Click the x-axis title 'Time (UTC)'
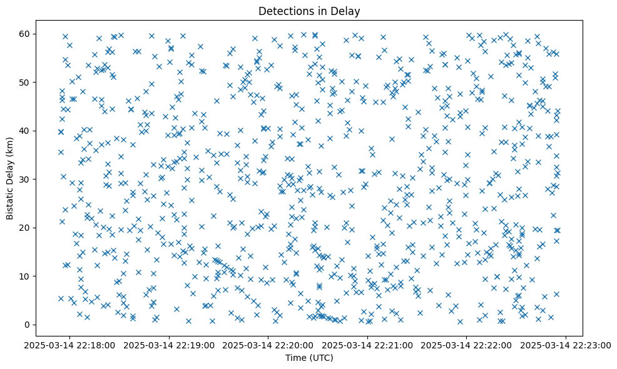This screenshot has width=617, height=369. (x=308, y=358)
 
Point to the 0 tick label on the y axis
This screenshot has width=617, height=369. (x=28, y=325)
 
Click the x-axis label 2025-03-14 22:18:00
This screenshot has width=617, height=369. (x=70, y=345)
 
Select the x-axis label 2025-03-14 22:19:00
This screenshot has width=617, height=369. (x=169, y=345)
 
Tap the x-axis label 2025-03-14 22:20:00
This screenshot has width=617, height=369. (x=268, y=345)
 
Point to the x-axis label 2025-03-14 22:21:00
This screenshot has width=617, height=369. (x=367, y=345)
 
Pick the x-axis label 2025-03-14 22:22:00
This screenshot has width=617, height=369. (x=467, y=345)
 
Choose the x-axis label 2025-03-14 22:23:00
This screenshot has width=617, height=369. (x=566, y=345)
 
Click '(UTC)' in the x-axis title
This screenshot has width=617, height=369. (x=321, y=358)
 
